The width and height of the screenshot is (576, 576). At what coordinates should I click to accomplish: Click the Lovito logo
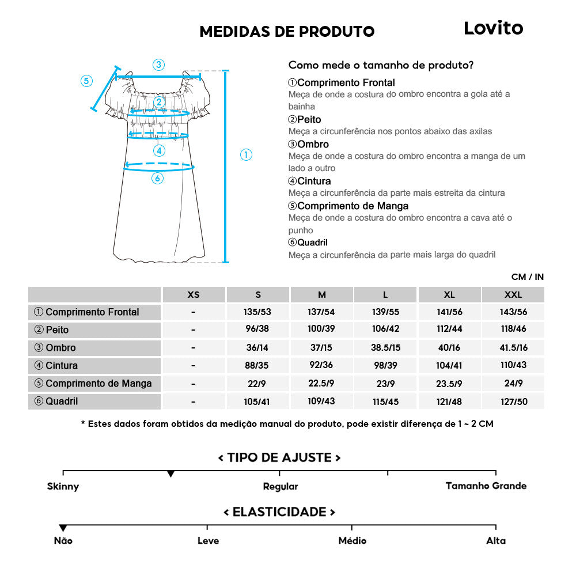point(493,28)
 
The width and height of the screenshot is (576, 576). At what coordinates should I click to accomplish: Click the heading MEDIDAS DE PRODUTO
point(287,31)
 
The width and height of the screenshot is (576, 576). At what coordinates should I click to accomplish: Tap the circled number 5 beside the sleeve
point(86,81)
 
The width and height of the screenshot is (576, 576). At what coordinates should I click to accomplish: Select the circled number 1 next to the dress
point(246,154)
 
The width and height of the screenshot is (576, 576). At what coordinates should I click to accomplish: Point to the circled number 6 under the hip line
point(157,178)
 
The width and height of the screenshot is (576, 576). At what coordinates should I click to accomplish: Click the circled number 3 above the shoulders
point(158,65)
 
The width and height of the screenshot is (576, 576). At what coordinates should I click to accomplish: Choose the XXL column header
point(513,294)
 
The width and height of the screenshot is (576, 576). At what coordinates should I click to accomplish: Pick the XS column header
point(194,294)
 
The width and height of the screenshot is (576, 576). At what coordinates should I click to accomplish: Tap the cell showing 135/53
point(257,312)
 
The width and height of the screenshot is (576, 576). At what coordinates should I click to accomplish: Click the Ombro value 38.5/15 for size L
point(385,348)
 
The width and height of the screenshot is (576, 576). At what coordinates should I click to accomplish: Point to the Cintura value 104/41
point(449,366)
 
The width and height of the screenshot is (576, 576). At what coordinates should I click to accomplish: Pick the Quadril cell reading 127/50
point(513,401)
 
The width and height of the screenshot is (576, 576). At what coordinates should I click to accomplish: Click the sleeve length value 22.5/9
point(321,384)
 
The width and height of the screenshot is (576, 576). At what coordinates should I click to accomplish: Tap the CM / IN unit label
point(527,277)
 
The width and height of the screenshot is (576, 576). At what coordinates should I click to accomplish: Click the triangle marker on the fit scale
point(170,473)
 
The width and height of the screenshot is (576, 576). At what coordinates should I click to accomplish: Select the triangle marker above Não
point(63,528)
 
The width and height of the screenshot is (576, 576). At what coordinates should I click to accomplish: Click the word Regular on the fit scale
point(281,486)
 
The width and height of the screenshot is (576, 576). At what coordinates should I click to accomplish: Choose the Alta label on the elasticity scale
point(495,540)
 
